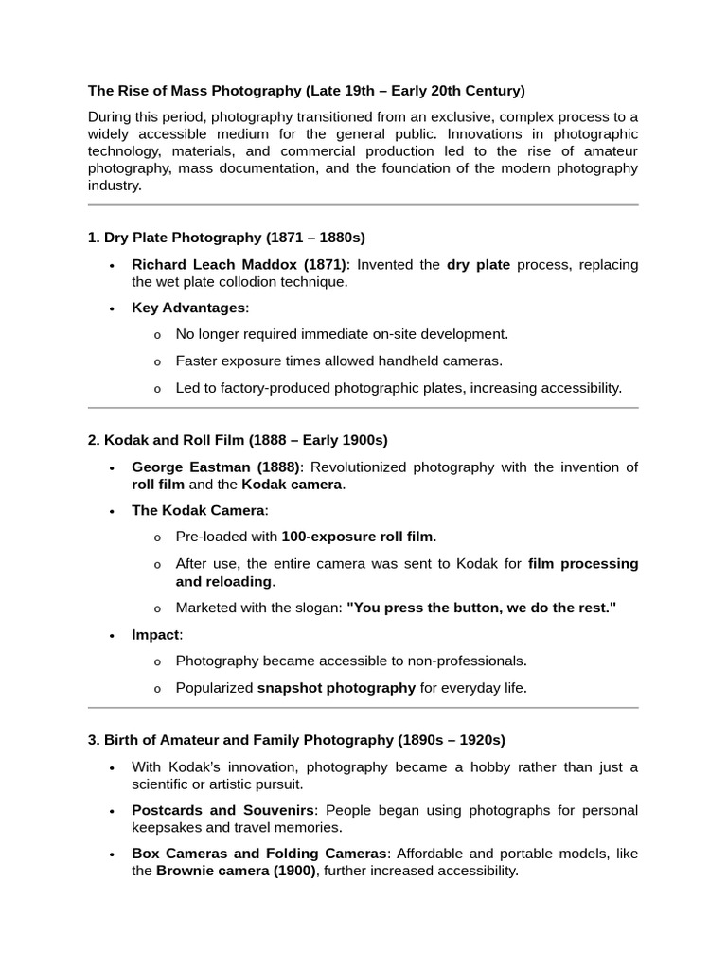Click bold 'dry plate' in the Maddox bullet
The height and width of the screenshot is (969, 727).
(478, 264)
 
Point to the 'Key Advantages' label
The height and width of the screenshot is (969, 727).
(188, 308)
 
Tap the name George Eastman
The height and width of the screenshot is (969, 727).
(215, 467)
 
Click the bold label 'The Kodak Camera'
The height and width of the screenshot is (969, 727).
(198, 510)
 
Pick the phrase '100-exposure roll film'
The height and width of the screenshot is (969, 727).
(357, 537)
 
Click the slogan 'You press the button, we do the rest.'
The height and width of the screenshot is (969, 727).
(481, 608)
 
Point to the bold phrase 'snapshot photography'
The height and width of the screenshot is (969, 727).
(336, 688)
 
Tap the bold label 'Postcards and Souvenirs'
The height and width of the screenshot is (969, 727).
(222, 810)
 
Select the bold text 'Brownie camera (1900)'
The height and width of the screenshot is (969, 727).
(236, 871)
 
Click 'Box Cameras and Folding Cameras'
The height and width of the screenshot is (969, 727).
(258, 854)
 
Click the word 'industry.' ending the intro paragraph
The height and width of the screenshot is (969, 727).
(115, 185)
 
